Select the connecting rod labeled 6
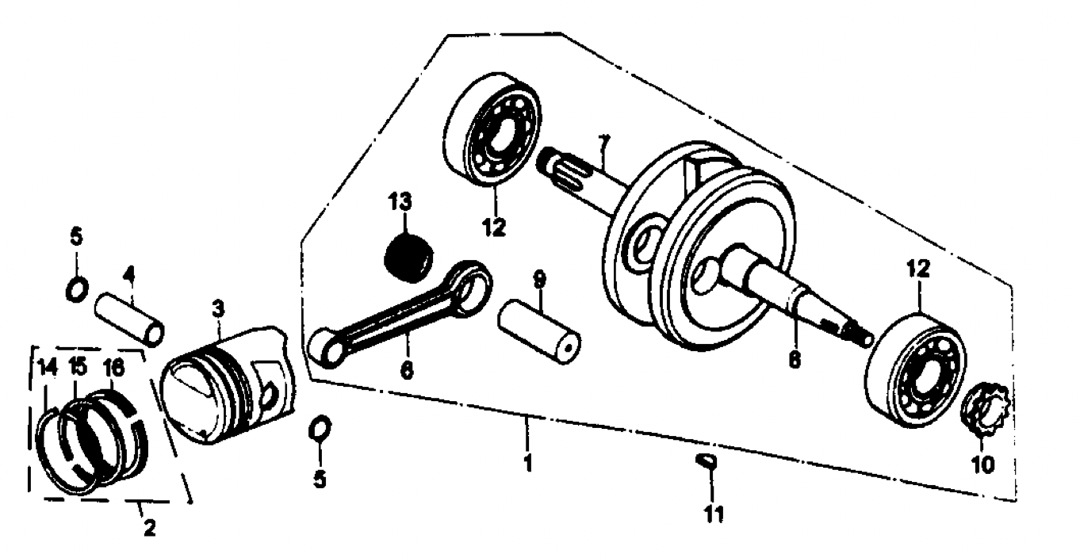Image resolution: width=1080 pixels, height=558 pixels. pos(400,314)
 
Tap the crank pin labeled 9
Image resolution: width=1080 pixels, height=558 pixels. pos(539,331)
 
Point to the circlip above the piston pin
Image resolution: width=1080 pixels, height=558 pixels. pos(77,289)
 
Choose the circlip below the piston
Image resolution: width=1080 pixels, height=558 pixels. pos(320,428)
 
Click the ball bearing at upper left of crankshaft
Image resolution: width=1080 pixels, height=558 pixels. pos(492,129)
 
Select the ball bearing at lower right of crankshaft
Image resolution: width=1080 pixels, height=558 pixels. pos(916,370)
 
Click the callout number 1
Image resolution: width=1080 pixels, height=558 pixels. pos(528,463)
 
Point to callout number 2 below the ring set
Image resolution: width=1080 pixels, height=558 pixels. pos(149,528)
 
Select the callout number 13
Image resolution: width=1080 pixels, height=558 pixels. pos(400,202)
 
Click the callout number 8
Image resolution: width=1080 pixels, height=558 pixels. pos(795,359)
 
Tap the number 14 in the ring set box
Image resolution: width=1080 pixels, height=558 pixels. pos(48,368)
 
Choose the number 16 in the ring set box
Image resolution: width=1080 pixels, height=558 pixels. pos(114,369)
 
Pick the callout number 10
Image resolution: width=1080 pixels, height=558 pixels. pos(982,464)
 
